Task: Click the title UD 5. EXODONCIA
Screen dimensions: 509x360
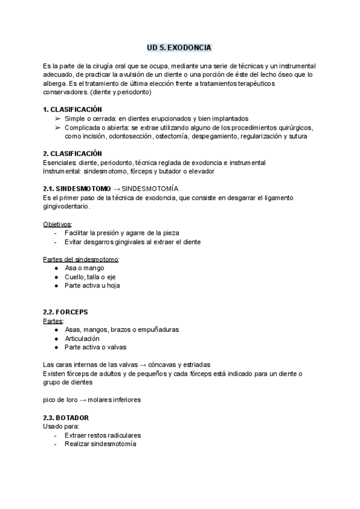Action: pos(179,47)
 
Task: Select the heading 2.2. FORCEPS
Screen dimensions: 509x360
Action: pos(66,313)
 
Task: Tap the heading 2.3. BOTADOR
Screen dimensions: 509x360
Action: pos(67,417)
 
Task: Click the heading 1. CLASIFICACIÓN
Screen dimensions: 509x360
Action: pos(73,110)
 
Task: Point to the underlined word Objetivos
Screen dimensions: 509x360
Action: pos(57,224)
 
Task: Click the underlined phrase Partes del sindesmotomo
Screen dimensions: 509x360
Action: pos(82,259)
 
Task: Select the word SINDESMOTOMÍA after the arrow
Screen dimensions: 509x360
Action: pos(151,188)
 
